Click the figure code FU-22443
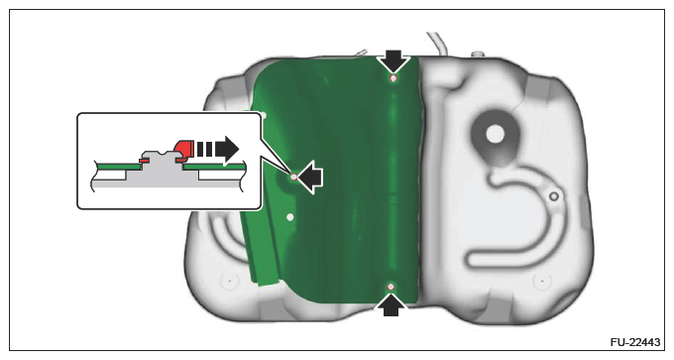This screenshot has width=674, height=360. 635,342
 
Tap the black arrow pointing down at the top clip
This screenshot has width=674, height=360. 393,60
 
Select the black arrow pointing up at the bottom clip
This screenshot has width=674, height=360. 391,304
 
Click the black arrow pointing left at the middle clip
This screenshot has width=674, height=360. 310,177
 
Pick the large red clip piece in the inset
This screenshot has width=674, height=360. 184,150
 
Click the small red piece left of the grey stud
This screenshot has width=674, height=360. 144,160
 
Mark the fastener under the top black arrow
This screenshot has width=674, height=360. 393,77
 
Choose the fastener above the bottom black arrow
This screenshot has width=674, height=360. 391,287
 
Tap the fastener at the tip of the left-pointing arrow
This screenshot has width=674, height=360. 293,177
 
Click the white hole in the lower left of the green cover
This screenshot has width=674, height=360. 290,217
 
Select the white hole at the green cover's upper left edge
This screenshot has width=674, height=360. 264,115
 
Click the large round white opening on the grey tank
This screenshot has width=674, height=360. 496,134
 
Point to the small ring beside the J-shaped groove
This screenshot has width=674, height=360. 554,196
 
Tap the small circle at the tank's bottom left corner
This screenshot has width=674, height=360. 230,282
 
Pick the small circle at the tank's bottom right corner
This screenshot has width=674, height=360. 542,282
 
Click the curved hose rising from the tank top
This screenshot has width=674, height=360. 437,43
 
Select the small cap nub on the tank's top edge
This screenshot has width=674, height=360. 477,55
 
